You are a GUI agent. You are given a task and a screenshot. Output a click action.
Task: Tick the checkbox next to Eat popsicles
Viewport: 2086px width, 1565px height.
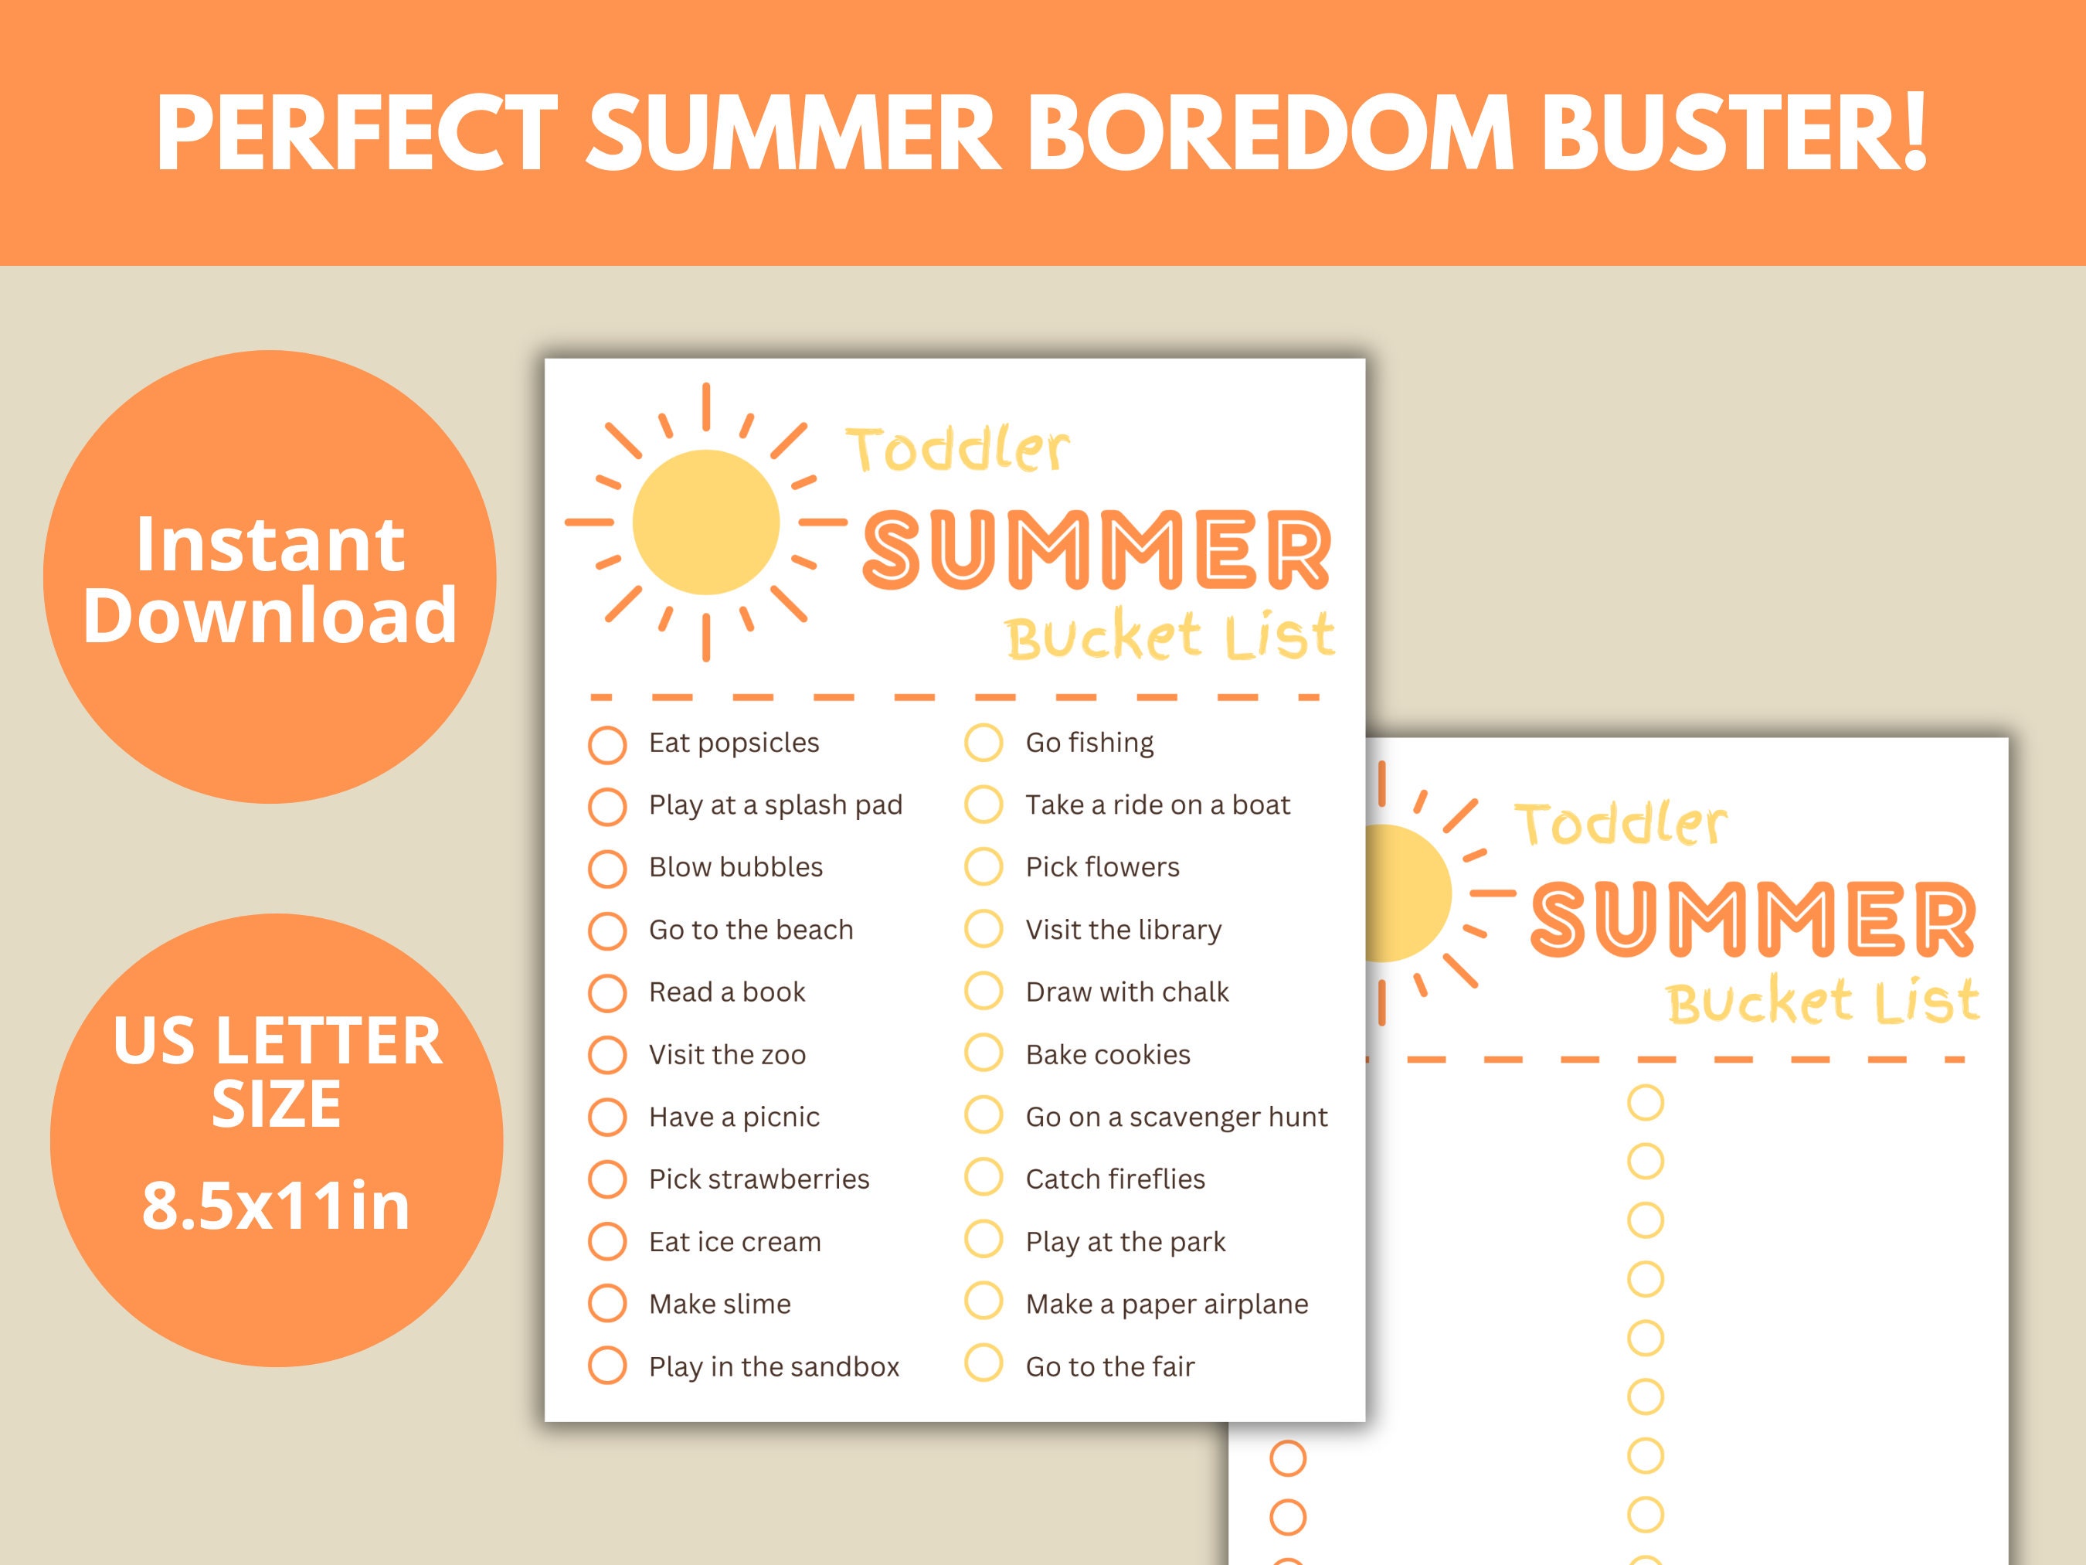[607, 744]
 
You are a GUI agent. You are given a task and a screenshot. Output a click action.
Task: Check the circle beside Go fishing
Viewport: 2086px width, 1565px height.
[984, 743]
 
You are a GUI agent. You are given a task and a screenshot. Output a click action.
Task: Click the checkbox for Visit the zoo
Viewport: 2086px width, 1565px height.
[607, 1056]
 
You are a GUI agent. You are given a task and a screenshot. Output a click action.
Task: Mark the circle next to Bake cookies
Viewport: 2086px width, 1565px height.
[984, 1053]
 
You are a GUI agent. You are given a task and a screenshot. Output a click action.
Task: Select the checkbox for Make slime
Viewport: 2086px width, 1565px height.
[607, 1305]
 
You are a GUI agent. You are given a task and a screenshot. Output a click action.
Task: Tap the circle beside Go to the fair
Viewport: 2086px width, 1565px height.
[984, 1365]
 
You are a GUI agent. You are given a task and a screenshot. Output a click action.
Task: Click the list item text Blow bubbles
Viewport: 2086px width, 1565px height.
[736, 867]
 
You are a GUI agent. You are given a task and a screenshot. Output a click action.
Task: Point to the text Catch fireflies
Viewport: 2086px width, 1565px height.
[1115, 1179]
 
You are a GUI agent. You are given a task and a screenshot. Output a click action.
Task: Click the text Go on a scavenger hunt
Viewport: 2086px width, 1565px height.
[1176, 1117]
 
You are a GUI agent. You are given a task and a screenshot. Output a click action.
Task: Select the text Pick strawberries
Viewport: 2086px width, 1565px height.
[759, 1179]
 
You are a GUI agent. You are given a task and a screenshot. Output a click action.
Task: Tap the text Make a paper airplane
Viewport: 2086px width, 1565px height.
[1167, 1304]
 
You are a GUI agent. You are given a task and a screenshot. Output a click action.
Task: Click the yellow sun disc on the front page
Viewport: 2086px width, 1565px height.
[705, 522]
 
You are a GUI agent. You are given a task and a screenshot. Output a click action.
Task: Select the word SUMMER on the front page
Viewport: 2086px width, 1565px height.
[1097, 550]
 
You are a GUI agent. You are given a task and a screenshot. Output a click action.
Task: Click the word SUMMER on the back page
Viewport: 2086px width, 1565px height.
[1752, 918]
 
